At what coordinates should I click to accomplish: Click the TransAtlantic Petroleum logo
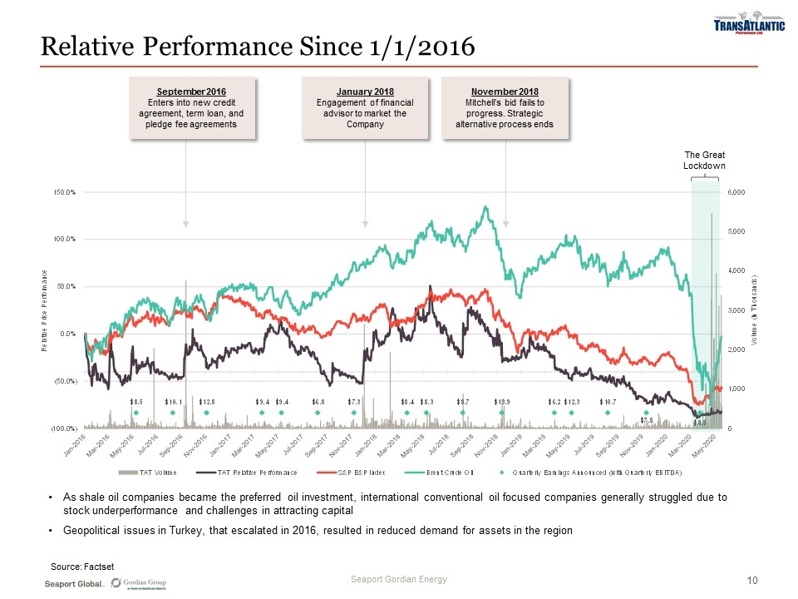click(x=749, y=26)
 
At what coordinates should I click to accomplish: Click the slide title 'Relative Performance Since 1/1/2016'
click(x=259, y=46)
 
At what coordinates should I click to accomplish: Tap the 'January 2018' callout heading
click(x=365, y=91)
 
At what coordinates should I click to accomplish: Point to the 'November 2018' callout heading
click(x=505, y=91)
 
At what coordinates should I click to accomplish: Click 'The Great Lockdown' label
click(x=704, y=161)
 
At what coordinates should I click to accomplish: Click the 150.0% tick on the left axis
click(x=64, y=192)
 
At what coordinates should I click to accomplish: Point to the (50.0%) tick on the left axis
click(x=63, y=381)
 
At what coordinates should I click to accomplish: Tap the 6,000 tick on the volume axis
click(x=737, y=192)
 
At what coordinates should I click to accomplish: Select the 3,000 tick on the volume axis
click(x=737, y=310)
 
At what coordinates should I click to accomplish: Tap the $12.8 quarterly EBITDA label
click(x=208, y=402)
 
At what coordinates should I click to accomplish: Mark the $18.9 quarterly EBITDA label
click(x=502, y=402)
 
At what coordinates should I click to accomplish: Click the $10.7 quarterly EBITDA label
click(x=608, y=402)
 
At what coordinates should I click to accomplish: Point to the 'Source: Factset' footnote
click(x=82, y=567)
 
